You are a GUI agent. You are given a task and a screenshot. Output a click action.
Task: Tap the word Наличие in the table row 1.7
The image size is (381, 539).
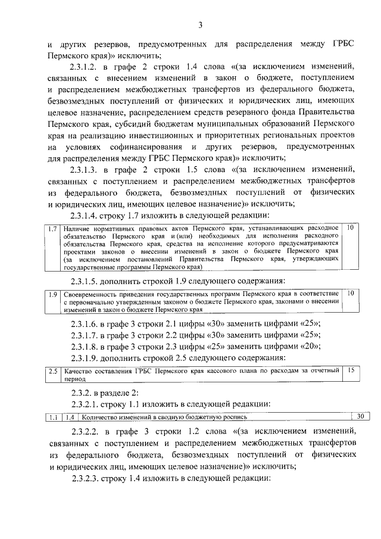[79, 229]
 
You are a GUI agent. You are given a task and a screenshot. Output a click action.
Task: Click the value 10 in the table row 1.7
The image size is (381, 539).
[351, 229]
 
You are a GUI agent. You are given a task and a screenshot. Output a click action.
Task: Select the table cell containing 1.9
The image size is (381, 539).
[54, 294]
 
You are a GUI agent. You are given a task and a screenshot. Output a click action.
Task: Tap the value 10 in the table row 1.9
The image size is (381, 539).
[351, 294]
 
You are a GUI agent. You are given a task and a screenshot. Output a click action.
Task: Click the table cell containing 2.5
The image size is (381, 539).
[54, 370]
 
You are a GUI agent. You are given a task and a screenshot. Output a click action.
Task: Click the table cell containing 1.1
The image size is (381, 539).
[54, 417]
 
